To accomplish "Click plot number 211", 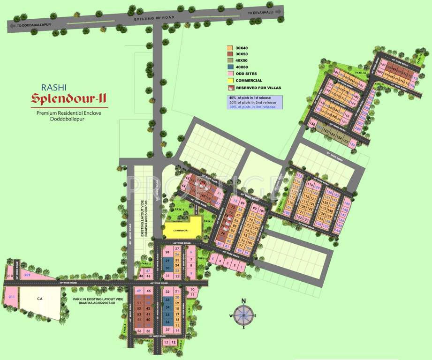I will [12, 297].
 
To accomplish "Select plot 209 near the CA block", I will [27, 275].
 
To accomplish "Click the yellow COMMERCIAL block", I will [181, 231].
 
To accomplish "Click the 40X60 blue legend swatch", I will [230, 67].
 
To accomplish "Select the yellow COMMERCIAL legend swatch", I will [230, 81].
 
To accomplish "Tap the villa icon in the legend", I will [230, 88].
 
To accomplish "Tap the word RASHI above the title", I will [54, 87].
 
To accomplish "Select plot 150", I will [313, 124].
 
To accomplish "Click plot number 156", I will [352, 144].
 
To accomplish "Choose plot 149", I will [348, 205].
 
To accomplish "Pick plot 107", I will [262, 211].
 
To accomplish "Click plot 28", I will [167, 253].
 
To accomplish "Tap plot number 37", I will [167, 330].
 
